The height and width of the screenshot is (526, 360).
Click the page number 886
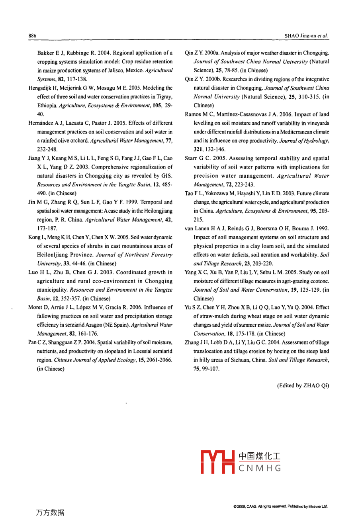pyautogui.click(x=32, y=36)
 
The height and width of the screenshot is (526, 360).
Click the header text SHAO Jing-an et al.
pyautogui.click(x=307, y=36)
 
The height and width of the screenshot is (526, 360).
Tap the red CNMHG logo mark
pyautogui.click(x=217, y=462)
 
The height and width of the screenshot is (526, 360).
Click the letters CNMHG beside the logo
pyautogui.click(x=260, y=468)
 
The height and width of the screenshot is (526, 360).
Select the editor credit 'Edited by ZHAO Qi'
pyautogui.click(x=303, y=386)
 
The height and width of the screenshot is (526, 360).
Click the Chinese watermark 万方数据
pyautogui.click(x=50, y=512)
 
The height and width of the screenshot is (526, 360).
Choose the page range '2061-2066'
pyautogui.click(x=159, y=360)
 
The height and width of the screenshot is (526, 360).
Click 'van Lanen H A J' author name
pyautogui.click(x=203, y=228)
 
